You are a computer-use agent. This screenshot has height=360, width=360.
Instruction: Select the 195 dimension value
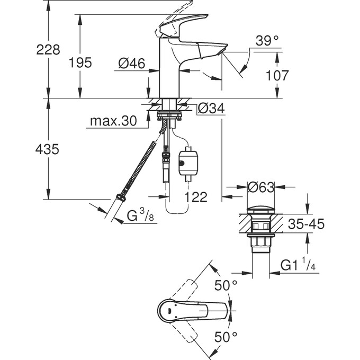point(80,62)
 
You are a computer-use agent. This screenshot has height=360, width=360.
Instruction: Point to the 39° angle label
point(267,41)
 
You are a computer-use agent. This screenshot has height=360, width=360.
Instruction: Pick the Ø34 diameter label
point(211,109)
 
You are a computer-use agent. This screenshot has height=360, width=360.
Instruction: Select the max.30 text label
point(113,122)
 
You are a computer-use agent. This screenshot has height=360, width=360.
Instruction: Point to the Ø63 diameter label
point(260,187)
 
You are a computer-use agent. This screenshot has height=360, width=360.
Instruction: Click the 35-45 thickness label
point(305,224)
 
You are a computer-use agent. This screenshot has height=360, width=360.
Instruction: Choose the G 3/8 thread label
point(140,216)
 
